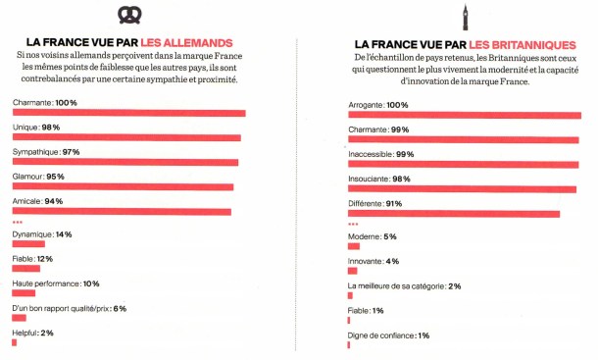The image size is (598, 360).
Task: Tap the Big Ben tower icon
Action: [x=467, y=14]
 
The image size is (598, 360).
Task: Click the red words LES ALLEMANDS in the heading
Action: [x=186, y=43]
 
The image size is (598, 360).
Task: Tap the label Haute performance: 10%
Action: [x=56, y=283]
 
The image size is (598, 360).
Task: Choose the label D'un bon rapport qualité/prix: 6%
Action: [x=69, y=308]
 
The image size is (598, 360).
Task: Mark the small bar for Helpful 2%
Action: [x=15, y=342]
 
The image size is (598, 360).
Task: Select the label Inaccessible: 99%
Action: [x=381, y=154]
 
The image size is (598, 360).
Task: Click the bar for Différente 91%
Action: [x=454, y=213]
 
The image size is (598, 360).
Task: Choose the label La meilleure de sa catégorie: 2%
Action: [x=405, y=286]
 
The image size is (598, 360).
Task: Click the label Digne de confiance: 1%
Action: [x=389, y=335]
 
